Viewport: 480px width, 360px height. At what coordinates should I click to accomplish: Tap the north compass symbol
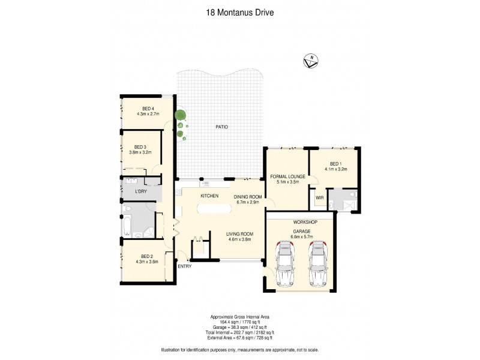pyautogui.click(x=311, y=61)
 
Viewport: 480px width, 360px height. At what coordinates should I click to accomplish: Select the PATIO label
pyautogui.click(x=221, y=127)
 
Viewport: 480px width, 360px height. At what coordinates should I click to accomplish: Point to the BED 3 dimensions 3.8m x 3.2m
pyautogui.click(x=140, y=152)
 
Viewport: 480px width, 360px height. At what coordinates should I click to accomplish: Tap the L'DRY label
pyautogui.click(x=141, y=191)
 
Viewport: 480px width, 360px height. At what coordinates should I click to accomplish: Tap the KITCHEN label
pyautogui.click(x=209, y=196)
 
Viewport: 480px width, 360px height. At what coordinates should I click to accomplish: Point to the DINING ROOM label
pyautogui.click(x=248, y=196)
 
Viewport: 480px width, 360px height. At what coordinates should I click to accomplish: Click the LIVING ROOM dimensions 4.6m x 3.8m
pyautogui.click(x=239, y=239)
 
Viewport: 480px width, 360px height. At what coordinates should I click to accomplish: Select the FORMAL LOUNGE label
pyautogui.click(x=287, y=176)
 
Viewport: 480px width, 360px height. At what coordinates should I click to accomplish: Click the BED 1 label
pyautogui.click(x=337, y=164)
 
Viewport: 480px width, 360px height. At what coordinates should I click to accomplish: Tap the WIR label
pyautogui.click(x=319, y=197)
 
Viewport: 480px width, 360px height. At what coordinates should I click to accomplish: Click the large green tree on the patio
pyautogui.click(x=180, y=115)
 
